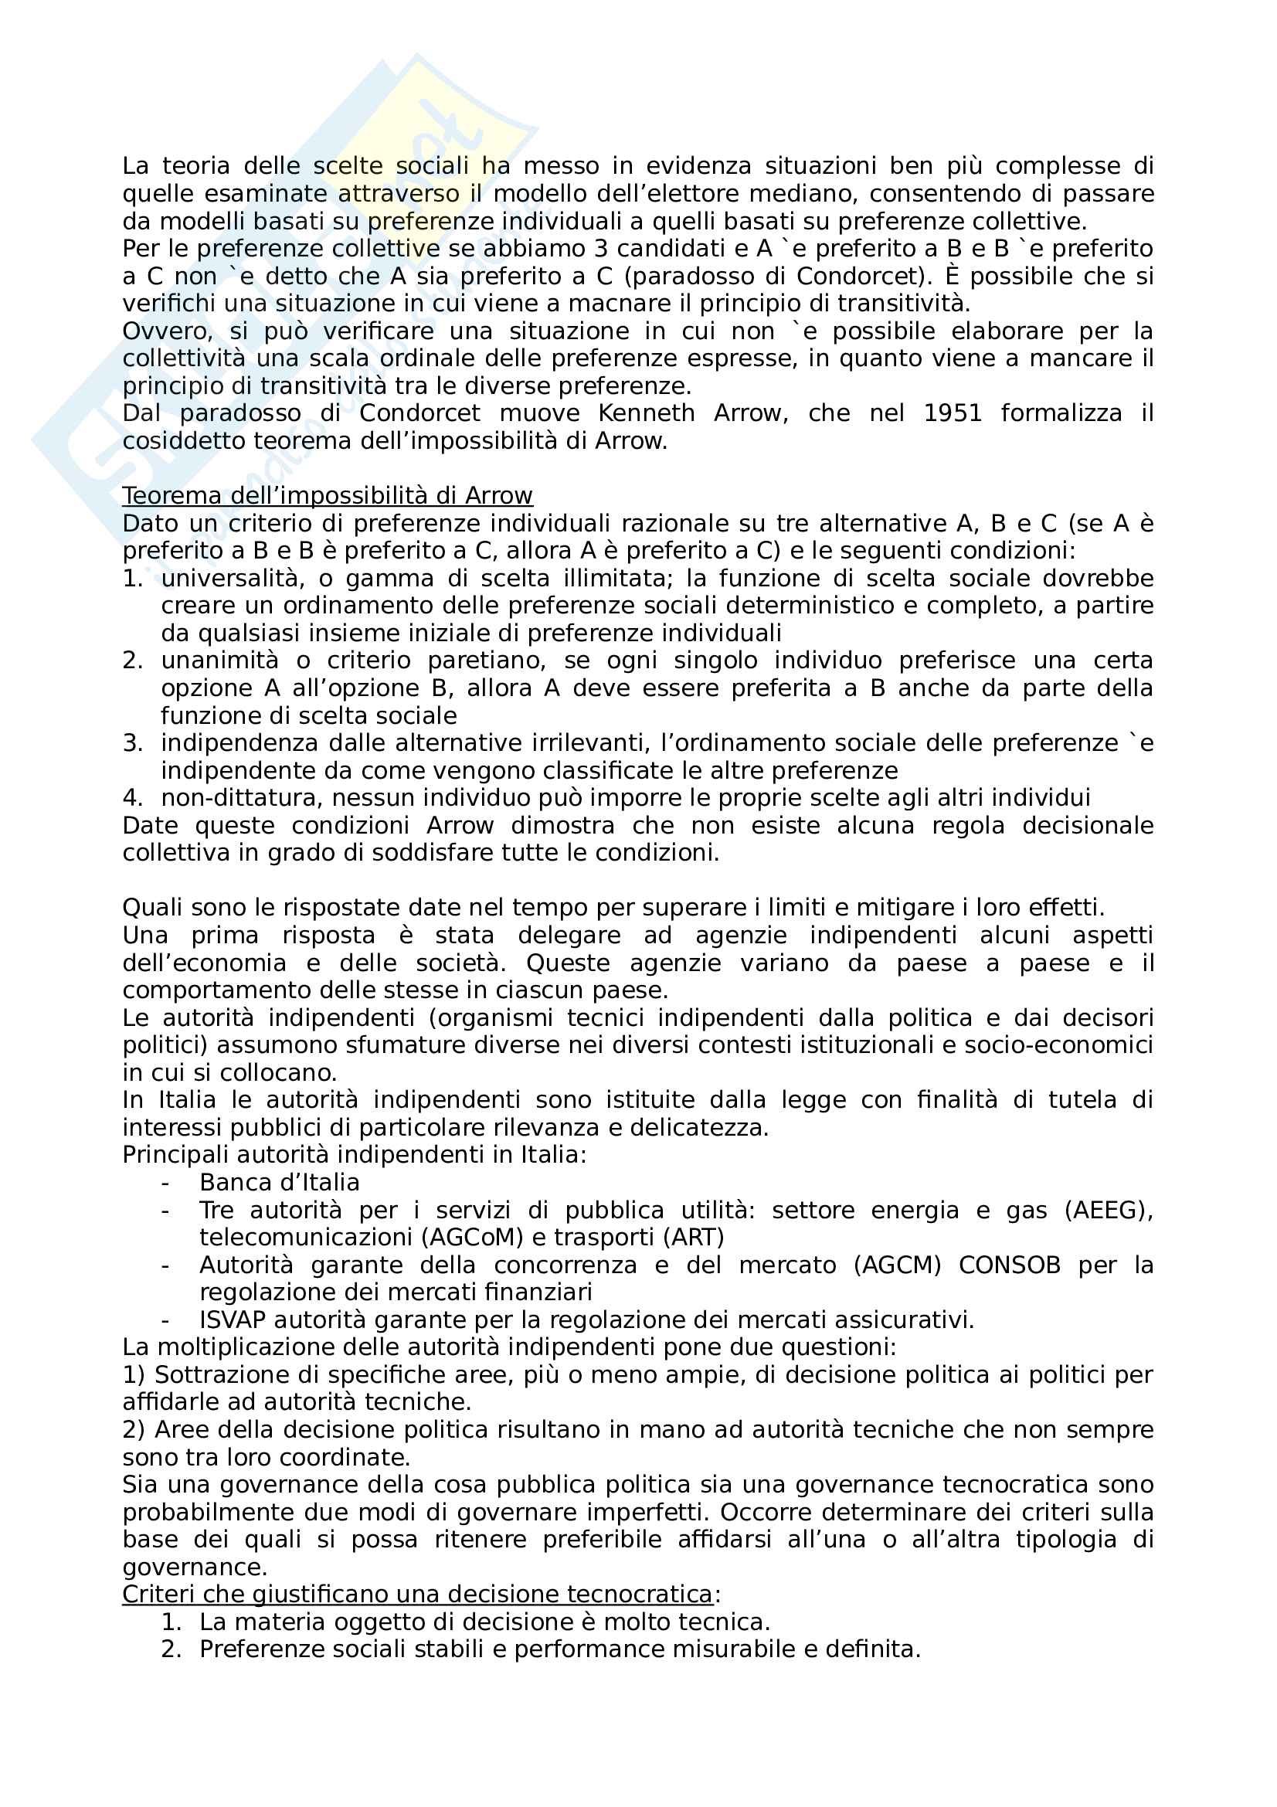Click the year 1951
[x=952, y=413]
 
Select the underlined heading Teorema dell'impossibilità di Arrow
[x=328, y=496]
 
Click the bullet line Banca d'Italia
[x=280, y=1183]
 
